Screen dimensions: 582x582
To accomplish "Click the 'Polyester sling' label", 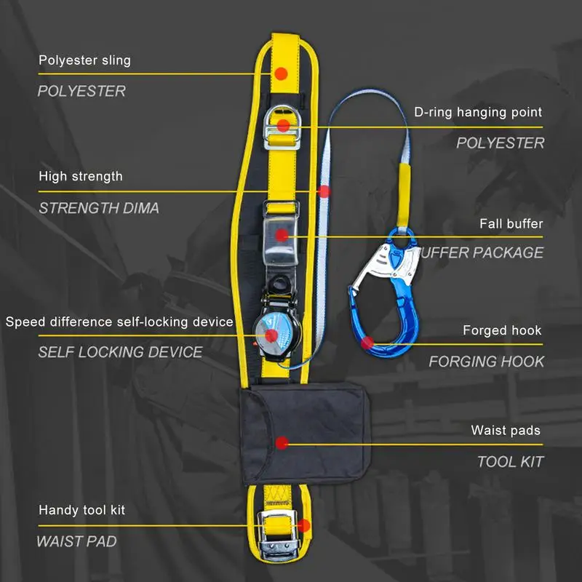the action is pyautogui.click(x=84, y=60).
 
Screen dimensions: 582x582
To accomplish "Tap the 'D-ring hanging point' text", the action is pyautogui.click(x=478, y=112).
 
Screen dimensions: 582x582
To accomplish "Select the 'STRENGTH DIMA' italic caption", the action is pyautogui.click(x=99, y=208).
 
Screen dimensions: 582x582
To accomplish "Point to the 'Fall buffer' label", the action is pyautogui.click(x=511, y=223).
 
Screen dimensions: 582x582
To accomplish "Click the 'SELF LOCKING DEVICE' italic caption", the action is pyautogui.click(x=120, y=352).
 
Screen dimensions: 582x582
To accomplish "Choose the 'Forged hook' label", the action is pyautogui.click(x=502, y=330).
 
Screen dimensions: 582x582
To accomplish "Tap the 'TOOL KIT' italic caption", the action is pyautogui.click(x=511, y=462).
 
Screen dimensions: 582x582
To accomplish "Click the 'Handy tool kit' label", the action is pyautogui.click(x=81, y=510).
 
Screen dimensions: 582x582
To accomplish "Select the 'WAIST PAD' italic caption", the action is pyautogui.click(x=76, y=541).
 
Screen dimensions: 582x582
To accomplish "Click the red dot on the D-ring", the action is pyautogui.click(x=283, y=125).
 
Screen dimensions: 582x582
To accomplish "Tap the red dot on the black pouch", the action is pyautogui.click(x=282, y=443).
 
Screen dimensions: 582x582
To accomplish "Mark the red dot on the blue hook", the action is pyautogui.click(x=367, y=343).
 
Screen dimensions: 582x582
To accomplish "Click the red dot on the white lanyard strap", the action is pyautogui.click(x=324, y=191).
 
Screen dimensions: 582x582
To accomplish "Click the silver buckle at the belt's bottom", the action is pyautogui.click(x=278, y=535).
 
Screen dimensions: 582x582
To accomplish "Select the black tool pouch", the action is pyautogui.click(x=305, y=434).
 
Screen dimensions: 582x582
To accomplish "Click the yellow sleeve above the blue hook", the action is pyautogui.click(x=404, y=194).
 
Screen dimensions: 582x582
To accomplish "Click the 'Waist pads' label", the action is pyautogui.click(x=506, y=430).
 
